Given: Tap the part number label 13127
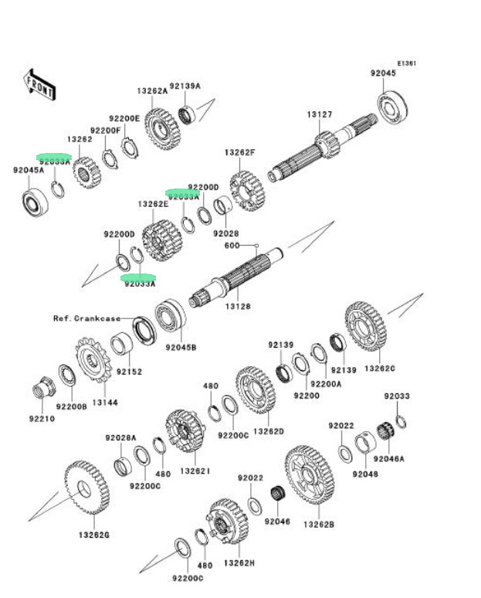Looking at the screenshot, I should pyautogui.click(x=319, y=114).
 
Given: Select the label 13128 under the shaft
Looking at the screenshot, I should pyautogui.click(x=235, y=307).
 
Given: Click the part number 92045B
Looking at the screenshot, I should pyautogui.click(x=181, y=347).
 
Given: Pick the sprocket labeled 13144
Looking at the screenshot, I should pyautogui.click(x=94, y=362).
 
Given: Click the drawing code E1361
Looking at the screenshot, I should pyautogui.click(x=407, y=63).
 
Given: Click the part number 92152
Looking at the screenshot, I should pyautogui.click(x=130, y=371).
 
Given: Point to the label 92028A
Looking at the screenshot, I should pyautogui.click(x=120, y=438).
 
